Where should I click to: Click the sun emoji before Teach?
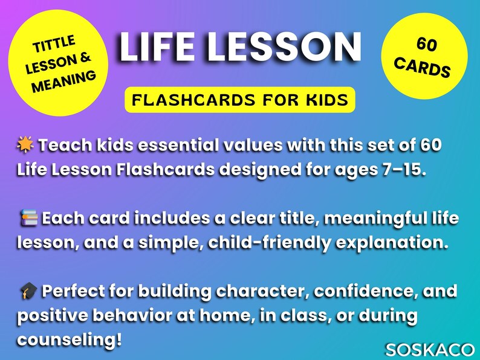[x=27, y=145]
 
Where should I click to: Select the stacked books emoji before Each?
[x=27, y=217]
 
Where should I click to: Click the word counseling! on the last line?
[x=69, y=339]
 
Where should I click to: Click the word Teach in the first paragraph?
[x=63, y=145]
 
